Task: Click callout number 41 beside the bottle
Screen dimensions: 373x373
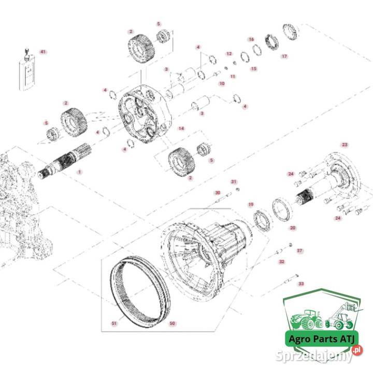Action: [x=43, y=52]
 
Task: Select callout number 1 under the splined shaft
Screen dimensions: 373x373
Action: [x=79, y=171]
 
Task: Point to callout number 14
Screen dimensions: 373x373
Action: [x=181, y=127]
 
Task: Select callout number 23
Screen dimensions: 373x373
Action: [x=345, y=145]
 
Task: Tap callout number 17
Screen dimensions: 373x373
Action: [x=284, y=56]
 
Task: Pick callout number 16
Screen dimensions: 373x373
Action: [x=251, y=39]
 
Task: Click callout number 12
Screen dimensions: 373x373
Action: [x=229, y=54]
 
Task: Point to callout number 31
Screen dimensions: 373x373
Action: [x=234, y=182]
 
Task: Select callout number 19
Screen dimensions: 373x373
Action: [x=250, y=205]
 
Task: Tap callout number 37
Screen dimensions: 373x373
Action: [x=299, y=251]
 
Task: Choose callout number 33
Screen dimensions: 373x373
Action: [x=301, y=284]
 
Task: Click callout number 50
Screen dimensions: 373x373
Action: [x=173, y=323]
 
